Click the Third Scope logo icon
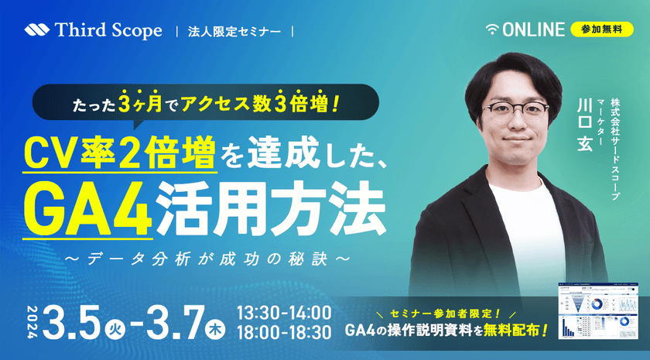(36, 31)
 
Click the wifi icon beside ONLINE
(492, 30)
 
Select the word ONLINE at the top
(533, 30)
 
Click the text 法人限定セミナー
(235, 32)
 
